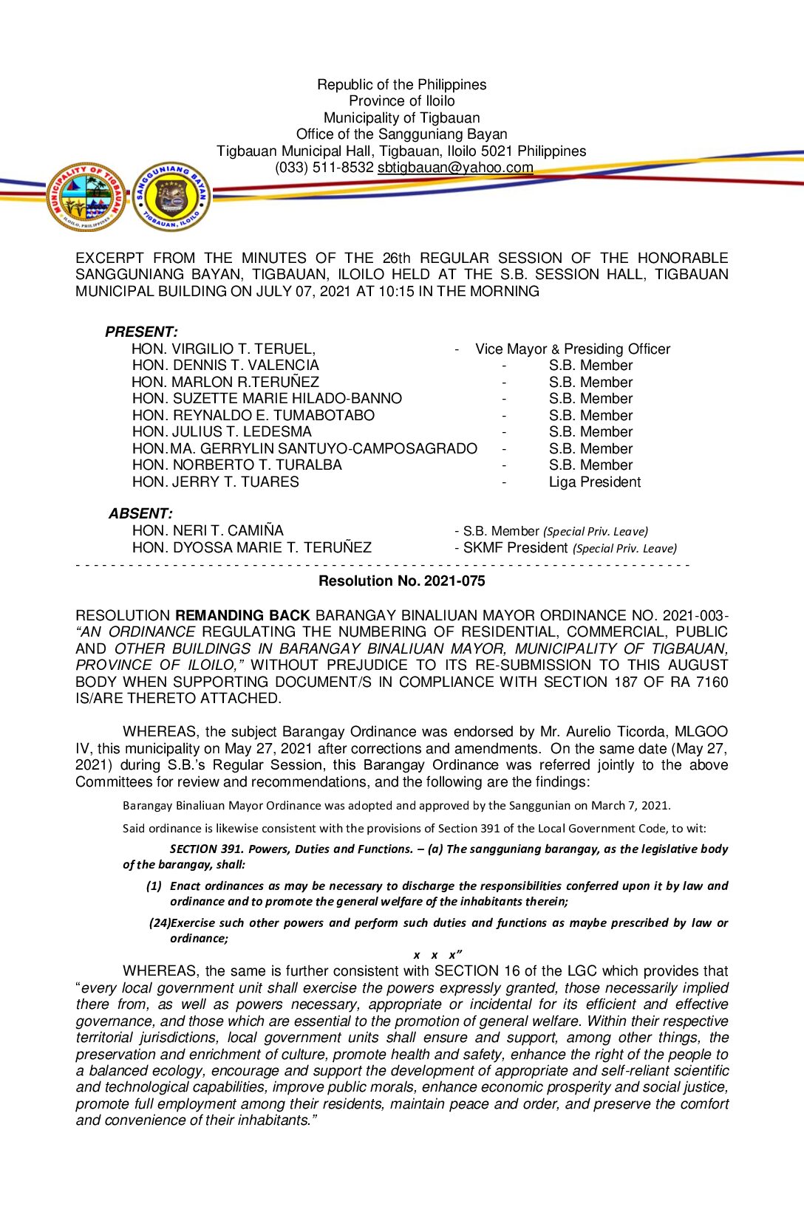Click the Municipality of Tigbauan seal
tap(86, 197)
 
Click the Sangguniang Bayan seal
tap(171, 197)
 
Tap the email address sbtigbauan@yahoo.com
tap(455, 168)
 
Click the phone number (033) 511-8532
tap(324, 168)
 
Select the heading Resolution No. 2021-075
tap(401, 581)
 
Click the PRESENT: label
tap(141, 332)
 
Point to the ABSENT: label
tap(140, 513)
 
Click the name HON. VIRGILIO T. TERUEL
tap(223, 349)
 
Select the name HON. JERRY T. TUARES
tap(216, 482)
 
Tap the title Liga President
tap(594, 482)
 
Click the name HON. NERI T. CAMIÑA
tap(208, 530)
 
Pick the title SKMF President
tap(515, 548)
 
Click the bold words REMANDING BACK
tap(242, 615)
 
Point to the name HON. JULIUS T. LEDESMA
tap(222, 432)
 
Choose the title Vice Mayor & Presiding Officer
tap(573, 349)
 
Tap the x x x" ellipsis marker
tap(437, 955)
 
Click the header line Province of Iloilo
tap(401, 101)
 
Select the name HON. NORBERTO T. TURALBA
tap(237, 465)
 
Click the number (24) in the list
tap(160, 923)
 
